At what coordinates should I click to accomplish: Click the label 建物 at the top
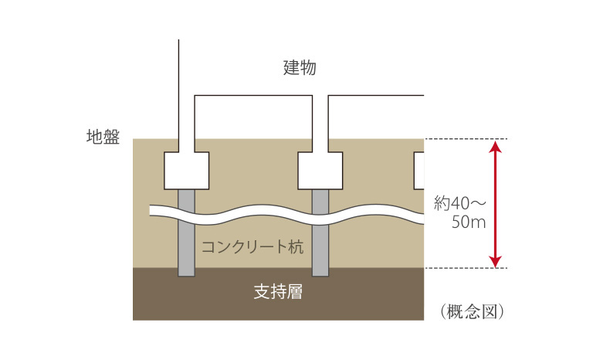(x=299, y=68)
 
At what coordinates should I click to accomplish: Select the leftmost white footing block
(x=187, y=171)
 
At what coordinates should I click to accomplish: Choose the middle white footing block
(x=320, y=171)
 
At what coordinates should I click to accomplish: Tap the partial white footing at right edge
(x=419, y=171)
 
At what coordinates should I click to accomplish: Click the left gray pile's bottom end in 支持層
(x=187, y=272)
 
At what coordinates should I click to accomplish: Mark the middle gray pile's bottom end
(x=320, y=272)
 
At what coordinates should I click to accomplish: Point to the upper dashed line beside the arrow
(x=463, y=139)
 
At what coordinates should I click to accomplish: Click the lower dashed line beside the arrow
(x=463, y=268)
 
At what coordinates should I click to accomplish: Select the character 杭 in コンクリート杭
(x=296, y=247)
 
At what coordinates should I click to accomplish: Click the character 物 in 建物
(x=307, y=68)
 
